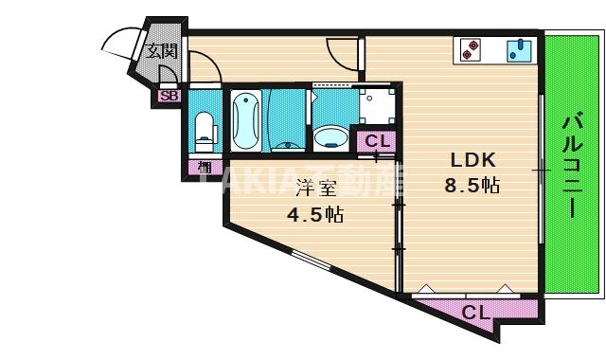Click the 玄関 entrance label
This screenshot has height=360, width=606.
tap(161, 51)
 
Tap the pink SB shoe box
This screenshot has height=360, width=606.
tap(169, 95)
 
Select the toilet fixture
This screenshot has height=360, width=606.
tap(203, 130)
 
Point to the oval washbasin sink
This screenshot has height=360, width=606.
tap(330, 138)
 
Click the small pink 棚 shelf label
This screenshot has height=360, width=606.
tap(204, 168)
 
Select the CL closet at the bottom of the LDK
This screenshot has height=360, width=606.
tap(475, 311)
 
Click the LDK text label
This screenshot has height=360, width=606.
tap(472, 160)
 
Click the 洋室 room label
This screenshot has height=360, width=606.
tap(314, 187)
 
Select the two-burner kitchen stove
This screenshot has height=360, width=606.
tap(472, 49)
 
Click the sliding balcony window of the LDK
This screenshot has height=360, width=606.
tap(540, 171)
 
